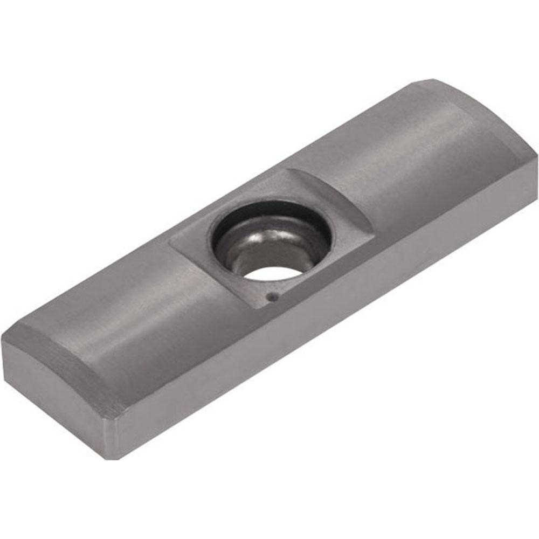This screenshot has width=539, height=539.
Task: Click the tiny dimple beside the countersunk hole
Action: click(x=274, y=296)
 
